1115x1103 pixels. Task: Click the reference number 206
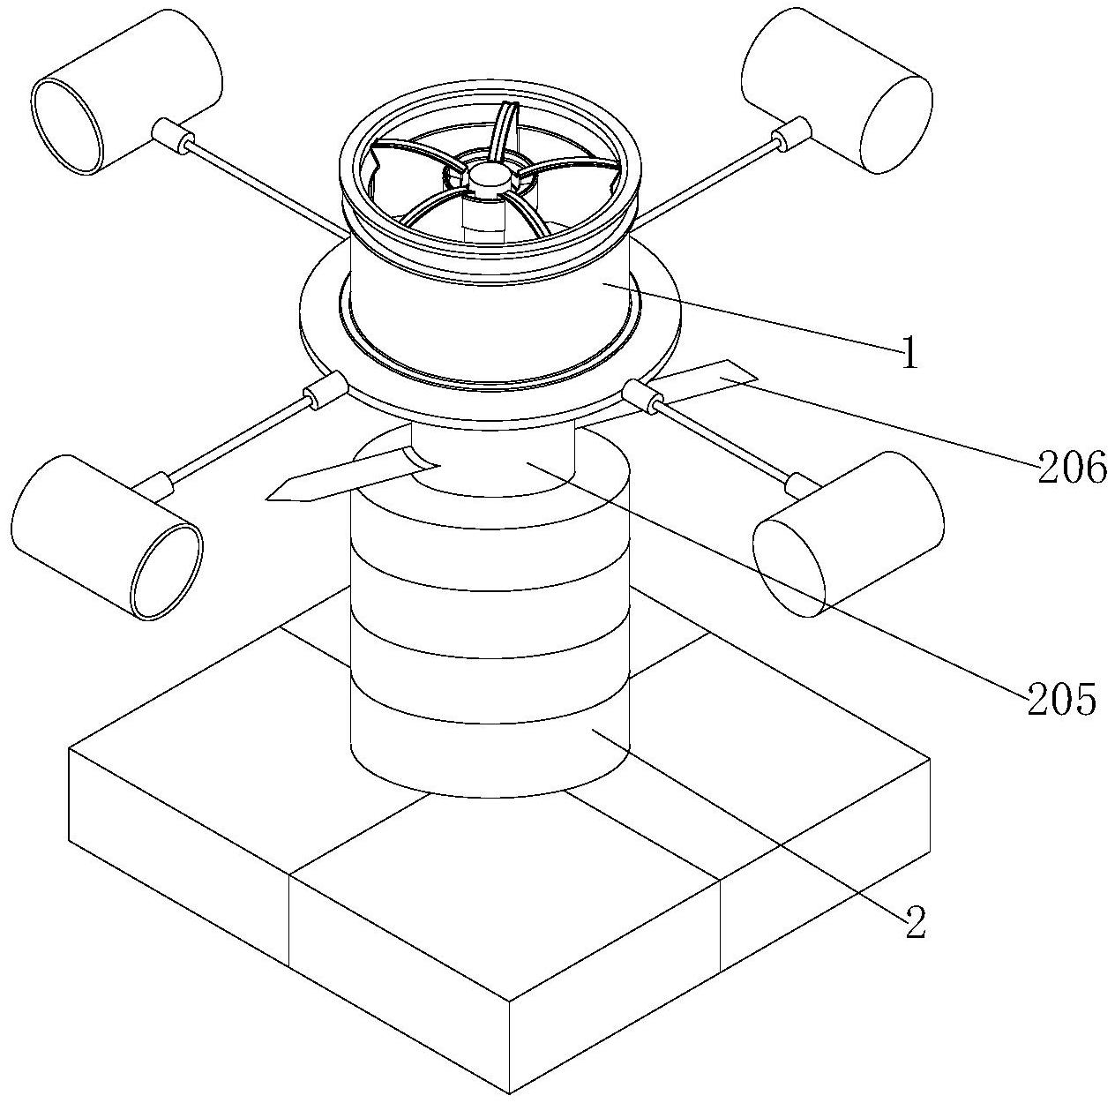coord(1072,468)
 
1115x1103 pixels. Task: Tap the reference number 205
coord(1061,699)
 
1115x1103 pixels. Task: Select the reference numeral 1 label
coord(909,355)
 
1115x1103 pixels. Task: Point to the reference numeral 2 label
coord(915,923)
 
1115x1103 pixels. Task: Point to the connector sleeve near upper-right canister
coord(791,133)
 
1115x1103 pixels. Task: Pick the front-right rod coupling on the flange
coord(643,396)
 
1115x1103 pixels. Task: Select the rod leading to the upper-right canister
coord(706,182)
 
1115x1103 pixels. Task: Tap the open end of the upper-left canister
coord(67,124)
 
